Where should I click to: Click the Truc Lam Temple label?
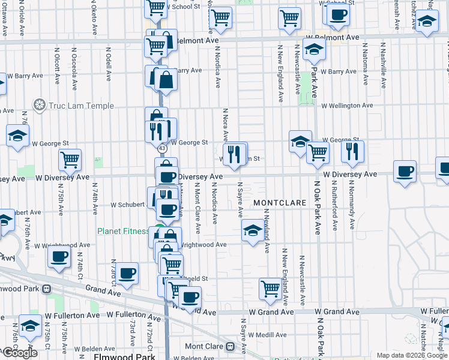tap(82, 106)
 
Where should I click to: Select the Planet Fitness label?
tap(123, 231)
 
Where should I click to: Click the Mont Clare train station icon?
tap(229, 346)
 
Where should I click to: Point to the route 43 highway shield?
tap(162, 148)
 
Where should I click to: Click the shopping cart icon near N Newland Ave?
tap(271, 289)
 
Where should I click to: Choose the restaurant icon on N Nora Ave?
tap(235, 154)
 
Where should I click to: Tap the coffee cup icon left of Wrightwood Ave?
tap(59, 256)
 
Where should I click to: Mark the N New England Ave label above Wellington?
tap(280, 72)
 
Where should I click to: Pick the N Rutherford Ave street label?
tap(335, 204)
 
